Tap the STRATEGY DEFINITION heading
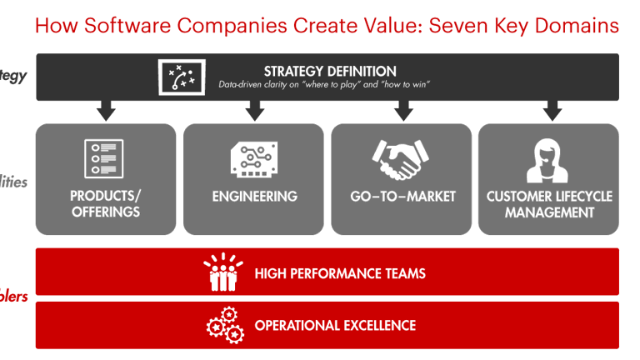pos(330,71)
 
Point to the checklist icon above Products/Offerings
pos(104,159)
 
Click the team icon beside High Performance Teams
pos(223,272)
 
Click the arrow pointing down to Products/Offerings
pos(106,110)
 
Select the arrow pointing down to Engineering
pos(254,110)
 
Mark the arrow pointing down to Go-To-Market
pos(403,110)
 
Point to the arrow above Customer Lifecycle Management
pos(551,110)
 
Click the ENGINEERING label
pos(254,197)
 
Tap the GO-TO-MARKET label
pos(402,197)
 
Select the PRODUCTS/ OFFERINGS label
pos(106,204)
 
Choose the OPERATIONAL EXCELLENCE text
pos(335,325)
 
